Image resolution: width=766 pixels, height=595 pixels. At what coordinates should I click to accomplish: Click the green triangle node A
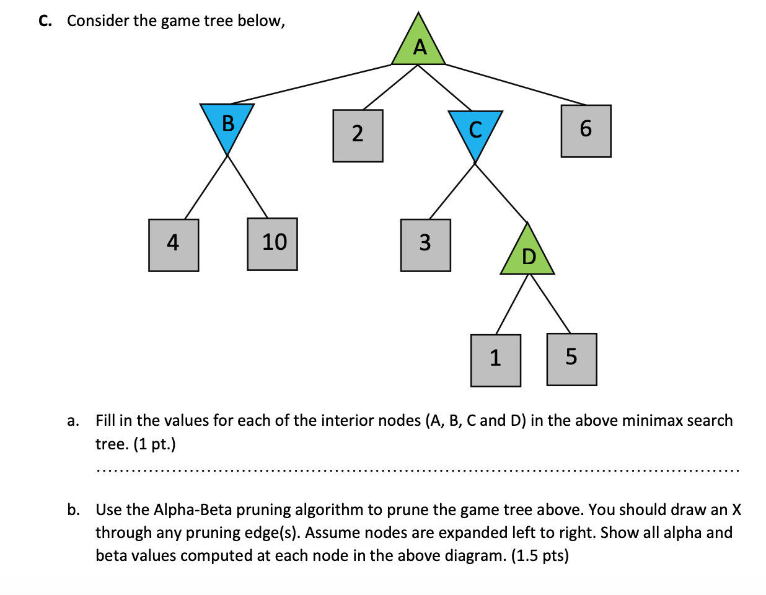[x=419, y=45]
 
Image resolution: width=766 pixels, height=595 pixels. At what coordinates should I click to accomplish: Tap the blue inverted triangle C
[x=475, y=130]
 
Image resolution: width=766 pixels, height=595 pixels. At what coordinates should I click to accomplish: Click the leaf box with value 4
[x=174, y=245]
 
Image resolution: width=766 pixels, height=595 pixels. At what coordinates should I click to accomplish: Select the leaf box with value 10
[x=272, y=244]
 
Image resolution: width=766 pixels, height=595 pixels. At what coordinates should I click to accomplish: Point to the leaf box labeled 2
[x=358, y=136]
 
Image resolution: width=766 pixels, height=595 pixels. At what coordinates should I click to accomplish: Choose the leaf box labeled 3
[x=425, y=245]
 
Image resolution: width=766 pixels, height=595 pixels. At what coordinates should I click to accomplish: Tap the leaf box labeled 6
[x=586, y=131]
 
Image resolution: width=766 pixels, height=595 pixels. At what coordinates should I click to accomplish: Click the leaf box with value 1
[x=495, y=360]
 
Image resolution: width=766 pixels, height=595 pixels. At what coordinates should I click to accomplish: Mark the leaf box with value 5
[x=571, y=359]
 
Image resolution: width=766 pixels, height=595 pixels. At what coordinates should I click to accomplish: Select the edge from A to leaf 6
[x=514, y=84]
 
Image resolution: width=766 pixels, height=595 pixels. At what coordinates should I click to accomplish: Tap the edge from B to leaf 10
[x=247, y=186]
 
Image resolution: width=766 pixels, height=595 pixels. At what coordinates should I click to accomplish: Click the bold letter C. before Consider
[x=45, y=21]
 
